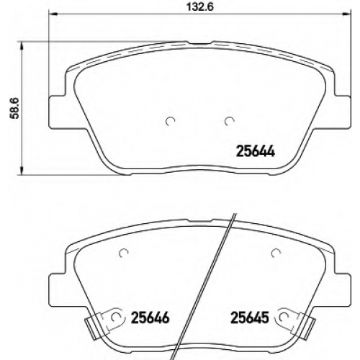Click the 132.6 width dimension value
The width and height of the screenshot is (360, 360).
200,7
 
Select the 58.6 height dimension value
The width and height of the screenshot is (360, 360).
14,108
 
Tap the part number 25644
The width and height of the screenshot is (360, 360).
256,151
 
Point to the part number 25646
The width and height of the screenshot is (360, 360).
150,318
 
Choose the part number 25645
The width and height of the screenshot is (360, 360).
249,318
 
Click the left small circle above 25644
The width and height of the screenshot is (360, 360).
171,122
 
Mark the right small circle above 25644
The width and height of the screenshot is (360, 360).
230,122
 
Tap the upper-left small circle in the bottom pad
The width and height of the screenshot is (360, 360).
125,252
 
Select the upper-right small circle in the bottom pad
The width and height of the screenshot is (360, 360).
276,253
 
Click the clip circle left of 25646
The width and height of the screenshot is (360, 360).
117,318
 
